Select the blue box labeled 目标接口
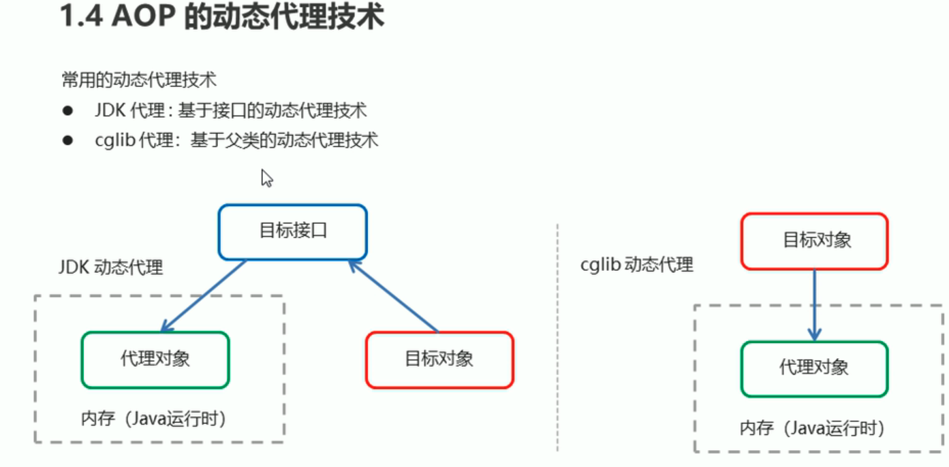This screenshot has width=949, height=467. pos(292,231)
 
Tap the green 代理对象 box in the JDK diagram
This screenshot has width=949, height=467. pos(155,359)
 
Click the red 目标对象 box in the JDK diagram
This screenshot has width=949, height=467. pos(439,359)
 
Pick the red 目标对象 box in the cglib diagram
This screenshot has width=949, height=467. pos(815,240)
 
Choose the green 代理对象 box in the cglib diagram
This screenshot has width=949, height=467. pos(814,368)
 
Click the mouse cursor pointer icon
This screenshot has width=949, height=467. pos(266,178)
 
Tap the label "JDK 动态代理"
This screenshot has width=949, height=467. pos(111,267)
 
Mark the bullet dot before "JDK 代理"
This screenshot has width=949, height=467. pos(67,110)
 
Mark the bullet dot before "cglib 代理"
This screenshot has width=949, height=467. pos(67,140)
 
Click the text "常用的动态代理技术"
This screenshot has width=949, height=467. pos(139,80)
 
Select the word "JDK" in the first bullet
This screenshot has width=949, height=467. pos(108,110)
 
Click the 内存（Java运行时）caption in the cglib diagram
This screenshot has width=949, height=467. pos(813,428)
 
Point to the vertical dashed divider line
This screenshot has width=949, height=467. pos(557,340)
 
